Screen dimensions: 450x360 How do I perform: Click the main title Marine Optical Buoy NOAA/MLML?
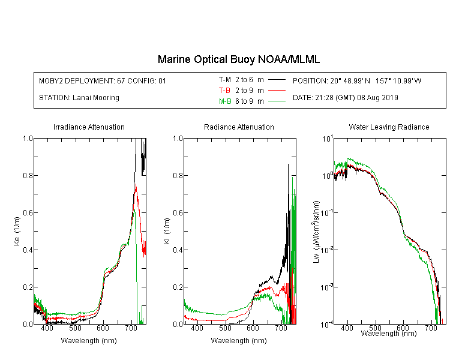click(x=238, y=59)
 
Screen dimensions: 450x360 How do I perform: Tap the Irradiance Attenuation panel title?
click(x=89, y=127)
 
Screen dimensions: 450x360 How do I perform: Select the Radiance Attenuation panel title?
click(x=239, y=127)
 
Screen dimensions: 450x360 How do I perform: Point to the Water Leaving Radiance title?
click(x=389, y=127)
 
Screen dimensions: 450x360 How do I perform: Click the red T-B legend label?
click(x=224, y=91)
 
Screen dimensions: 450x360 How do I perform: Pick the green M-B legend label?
click(x=225, y=101)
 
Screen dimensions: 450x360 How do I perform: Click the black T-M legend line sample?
click(x=277, y=80)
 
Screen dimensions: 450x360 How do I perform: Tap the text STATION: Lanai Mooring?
click(x=79, y=98)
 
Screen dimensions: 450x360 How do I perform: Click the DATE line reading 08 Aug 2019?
click(x=345, y=98)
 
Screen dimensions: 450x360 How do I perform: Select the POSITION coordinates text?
click(x=357, y=80)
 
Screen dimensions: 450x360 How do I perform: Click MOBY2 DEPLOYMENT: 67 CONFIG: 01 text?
click(x=103, y=80)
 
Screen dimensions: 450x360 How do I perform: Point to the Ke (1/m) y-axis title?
click(x=17, y=231)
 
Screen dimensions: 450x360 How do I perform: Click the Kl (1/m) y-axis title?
click(x=167, y=231)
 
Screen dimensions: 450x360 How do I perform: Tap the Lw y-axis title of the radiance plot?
click(x=316, y=232)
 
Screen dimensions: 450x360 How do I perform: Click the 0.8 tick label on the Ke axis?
click(x=28, y=175)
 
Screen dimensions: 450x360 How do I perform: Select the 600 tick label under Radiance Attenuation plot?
click(x=253, y=328)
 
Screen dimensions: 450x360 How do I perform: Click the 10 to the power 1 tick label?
click(x=328, y=139)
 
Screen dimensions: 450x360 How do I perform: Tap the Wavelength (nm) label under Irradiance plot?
click(x=89, y=341)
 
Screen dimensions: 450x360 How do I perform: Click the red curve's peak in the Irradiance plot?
click(x=136, y=184)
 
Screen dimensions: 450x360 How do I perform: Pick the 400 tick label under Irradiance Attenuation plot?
click(x=47, y=328)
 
